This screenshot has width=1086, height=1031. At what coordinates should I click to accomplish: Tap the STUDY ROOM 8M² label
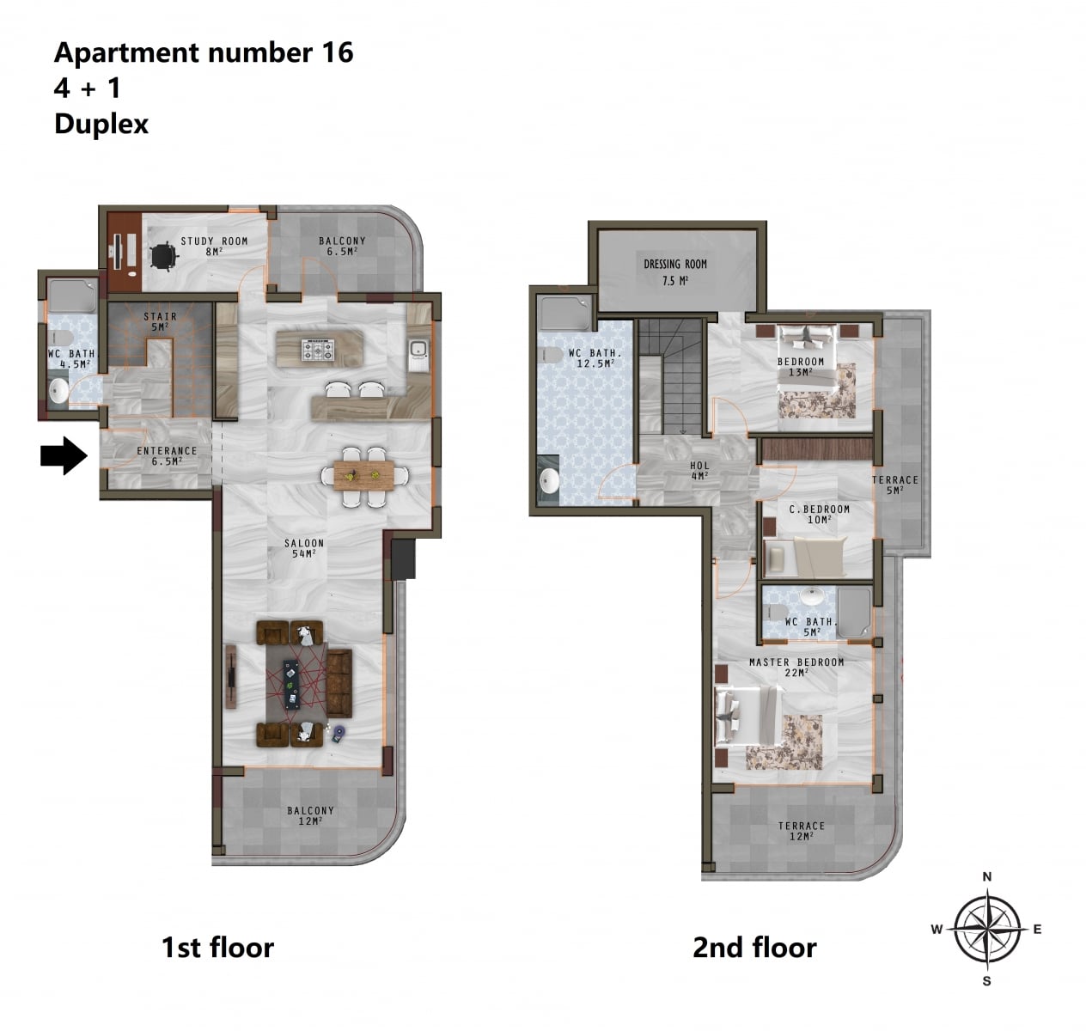pos(214,246)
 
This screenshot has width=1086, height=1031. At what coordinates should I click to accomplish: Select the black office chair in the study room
pos(164,254)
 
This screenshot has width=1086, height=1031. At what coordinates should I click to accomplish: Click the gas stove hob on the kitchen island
pos(318,350)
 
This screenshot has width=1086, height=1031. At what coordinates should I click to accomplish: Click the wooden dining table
pos(364,475)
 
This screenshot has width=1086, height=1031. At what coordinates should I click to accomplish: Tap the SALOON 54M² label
pos(304,548)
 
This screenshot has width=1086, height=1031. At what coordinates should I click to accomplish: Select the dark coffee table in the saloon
pos(291,685)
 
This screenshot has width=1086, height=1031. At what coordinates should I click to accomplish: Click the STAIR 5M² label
pos(160,321)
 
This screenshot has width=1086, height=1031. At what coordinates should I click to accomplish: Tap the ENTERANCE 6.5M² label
pos(167,456)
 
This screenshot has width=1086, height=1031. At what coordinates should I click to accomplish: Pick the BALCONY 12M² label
pos(310,815)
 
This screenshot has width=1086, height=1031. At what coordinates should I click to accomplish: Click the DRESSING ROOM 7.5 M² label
pos(675,272)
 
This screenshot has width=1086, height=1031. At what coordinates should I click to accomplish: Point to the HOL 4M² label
pos(699,471)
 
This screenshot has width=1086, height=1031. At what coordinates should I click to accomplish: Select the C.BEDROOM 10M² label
pos(819,514)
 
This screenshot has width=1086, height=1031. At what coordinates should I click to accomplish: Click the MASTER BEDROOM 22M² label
pos(796,667)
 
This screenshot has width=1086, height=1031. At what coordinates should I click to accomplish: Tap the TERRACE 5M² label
pos(895,485)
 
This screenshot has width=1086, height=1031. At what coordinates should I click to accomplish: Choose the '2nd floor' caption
pos(754,948)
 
